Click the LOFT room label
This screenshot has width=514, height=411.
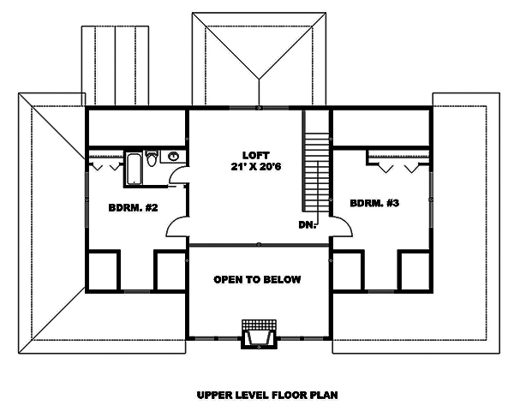tap(250, 155)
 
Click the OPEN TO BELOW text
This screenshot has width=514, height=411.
tap(257, 280)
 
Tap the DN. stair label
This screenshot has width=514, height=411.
tap(308, 225)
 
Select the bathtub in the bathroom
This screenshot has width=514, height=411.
tap(134, 168)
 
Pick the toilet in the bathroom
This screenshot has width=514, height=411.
tap(152, 159)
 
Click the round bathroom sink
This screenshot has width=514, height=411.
tap(173, 157)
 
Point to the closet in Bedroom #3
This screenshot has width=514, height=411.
tap(395, 160)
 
